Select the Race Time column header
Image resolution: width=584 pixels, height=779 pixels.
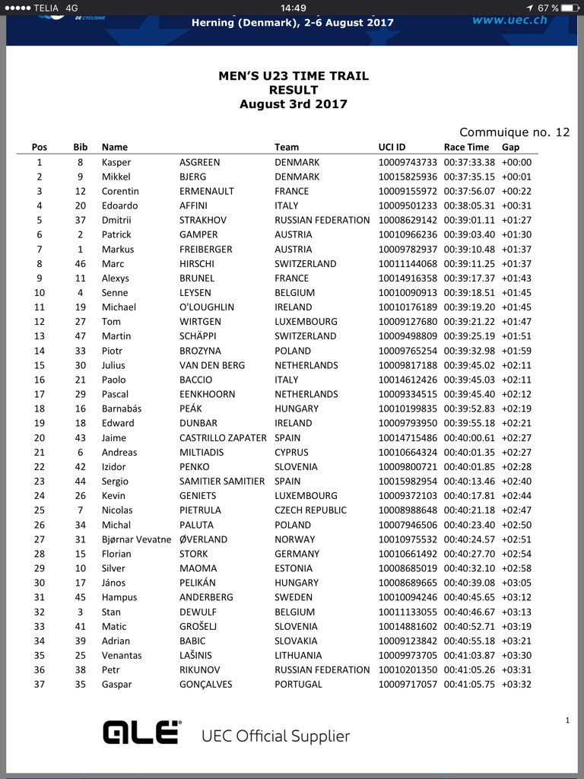(x=466, y=147)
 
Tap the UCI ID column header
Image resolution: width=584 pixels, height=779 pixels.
(x=392, y=147)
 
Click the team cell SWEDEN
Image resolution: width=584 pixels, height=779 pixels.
(x=293, y=597)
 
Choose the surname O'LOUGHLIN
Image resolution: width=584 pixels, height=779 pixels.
(x=207, y=307)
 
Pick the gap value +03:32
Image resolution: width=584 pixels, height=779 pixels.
(x=516, y=685)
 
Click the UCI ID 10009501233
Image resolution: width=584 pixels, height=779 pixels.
(x=408, y=205)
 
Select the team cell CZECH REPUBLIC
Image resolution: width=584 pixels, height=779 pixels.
(x=310, y=510)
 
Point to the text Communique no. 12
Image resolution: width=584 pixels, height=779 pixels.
(x=514, y=132)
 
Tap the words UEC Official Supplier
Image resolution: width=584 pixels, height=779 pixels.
(x=275, y=736)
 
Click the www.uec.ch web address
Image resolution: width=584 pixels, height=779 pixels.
(x=509, y=20)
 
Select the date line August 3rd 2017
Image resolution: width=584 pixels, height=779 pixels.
(x=293, y=104)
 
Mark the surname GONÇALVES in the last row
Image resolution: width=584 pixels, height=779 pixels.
(x=205, y=685)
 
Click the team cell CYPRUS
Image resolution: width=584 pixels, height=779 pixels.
(x=293, y=452)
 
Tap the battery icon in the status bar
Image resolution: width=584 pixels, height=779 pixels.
(x=569, y=8)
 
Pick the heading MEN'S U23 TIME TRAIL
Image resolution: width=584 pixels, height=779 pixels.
(x=293, y=76)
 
